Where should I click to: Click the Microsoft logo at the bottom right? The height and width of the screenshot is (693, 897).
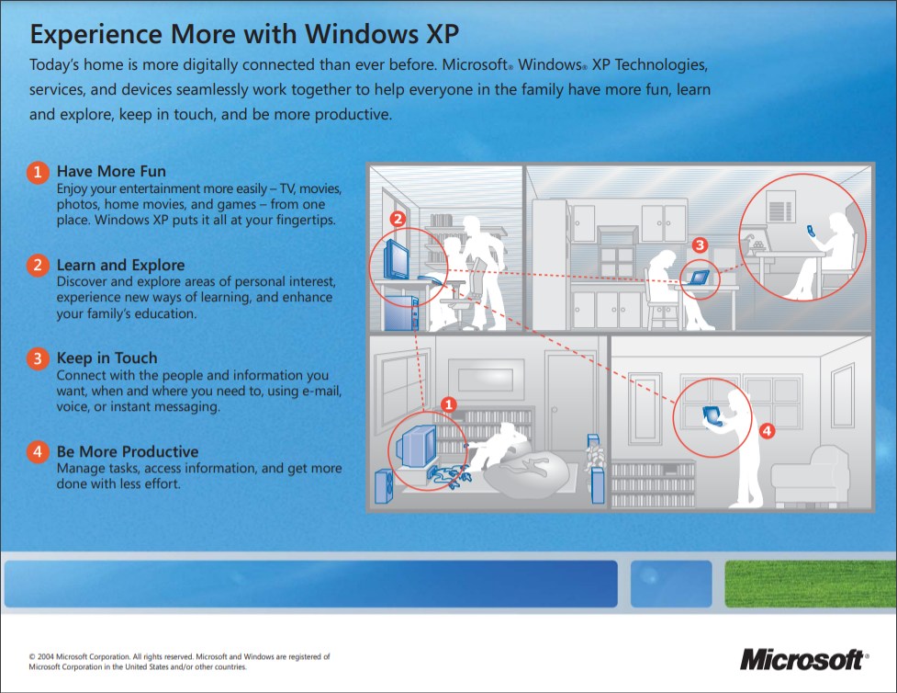pos(804,660)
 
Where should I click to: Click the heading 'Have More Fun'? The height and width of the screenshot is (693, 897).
pos(111,171)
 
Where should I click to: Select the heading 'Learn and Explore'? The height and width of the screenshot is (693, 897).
pos(120,266)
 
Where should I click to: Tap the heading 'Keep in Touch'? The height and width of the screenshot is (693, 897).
pos(107,358)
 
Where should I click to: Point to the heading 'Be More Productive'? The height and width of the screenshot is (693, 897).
pos(128,452)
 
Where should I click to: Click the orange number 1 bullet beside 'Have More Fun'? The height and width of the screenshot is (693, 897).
pos(38,172)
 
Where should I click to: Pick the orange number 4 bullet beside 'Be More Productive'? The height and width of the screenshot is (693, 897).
pos(38,452)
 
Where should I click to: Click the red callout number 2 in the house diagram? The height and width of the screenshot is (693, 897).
pos(398,218)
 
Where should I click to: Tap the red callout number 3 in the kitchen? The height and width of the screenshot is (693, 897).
pos(700,245)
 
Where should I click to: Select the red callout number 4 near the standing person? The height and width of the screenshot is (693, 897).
pos(768,431)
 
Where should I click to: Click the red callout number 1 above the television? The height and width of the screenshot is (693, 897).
pos(449,404)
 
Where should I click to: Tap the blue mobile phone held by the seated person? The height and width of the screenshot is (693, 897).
pos(812,231)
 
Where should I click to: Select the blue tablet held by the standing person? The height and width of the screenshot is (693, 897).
pos(711,415)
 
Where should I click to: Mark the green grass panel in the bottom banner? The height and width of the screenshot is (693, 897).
pos(811,584)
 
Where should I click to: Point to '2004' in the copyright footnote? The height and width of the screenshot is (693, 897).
pos(46,657)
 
